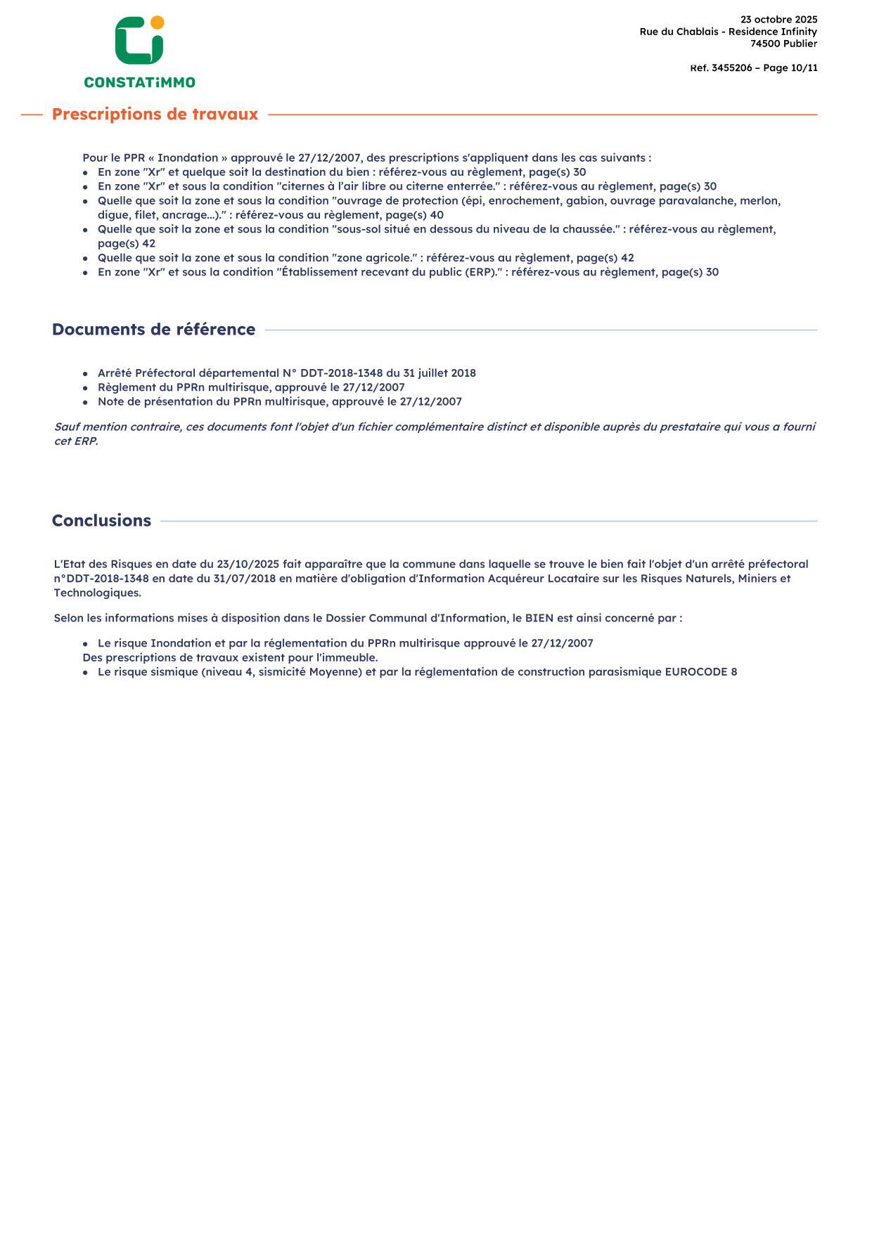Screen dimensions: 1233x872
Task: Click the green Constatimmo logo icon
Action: pyautogui.click(x=139, y=42)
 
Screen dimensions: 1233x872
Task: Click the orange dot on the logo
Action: pyautogui.click(x=158, y=22)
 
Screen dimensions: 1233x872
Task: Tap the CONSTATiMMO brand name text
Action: pyautogui.click(x=139, y=82)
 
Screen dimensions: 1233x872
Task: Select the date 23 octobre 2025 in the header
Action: pyautogui.click(x=778, y=20)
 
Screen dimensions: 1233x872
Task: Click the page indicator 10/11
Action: pyautogui.click(x=804, y=68)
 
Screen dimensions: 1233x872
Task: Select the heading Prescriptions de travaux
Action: pyautogui.click(x=155, y=115)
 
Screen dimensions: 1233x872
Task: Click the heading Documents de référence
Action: pyautogui.click(x=153, y=330)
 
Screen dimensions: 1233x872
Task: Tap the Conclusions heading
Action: pyautogui.click(x=101, y=521)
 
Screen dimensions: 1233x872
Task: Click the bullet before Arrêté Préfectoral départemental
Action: pyautogui.click(x=85, y=374)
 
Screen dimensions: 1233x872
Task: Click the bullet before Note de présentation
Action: pyautogui.click(x=85, y=403)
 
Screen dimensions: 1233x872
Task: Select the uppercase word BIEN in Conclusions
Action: pyautogui.click(x=539, y=619)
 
